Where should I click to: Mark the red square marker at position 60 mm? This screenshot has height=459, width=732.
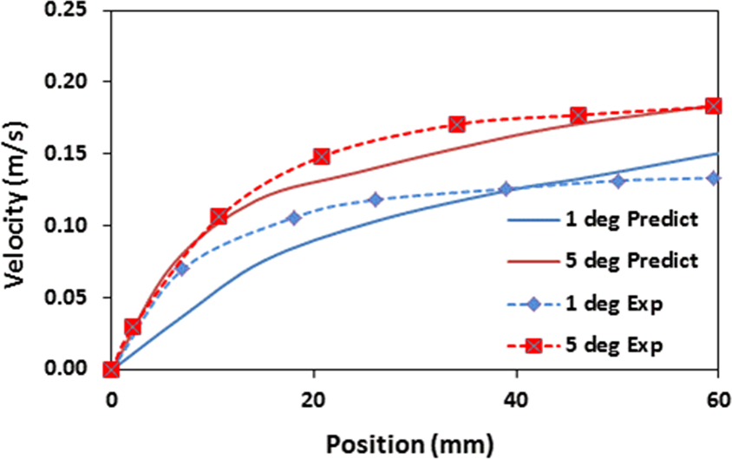tap(714, 106)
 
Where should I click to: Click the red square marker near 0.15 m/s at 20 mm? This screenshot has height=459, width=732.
tap(322, 156)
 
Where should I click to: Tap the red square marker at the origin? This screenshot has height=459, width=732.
tap(111, 370)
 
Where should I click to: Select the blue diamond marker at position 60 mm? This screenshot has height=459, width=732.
tap(713, 178)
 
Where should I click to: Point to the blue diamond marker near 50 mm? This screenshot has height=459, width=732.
tap(618, 180)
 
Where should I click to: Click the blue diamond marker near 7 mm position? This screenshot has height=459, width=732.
tap(182, 268)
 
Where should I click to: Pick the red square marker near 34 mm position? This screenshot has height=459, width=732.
tap(457, 124)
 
